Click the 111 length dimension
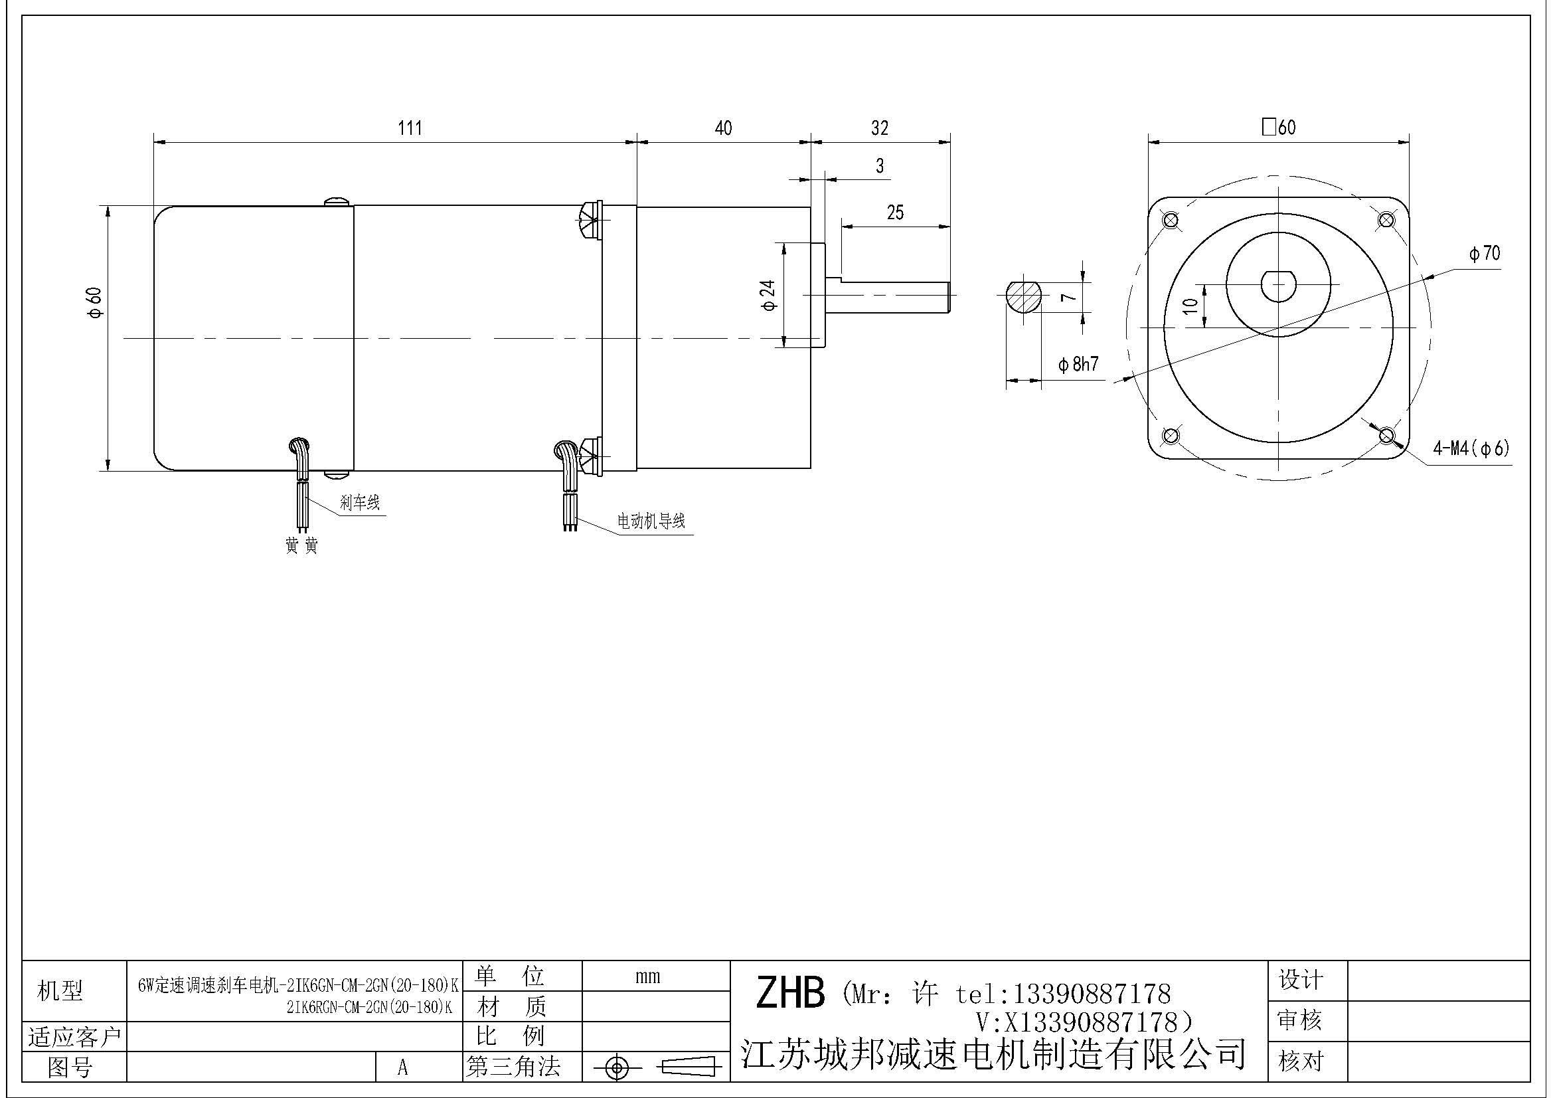click(x=410, y=128)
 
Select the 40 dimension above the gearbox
click(x=723, y=128)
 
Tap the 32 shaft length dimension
click(x=879, y=128)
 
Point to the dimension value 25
click(x=895, y=213)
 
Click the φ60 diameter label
click(x=95, y=302)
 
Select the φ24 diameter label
click(x=769, y=296)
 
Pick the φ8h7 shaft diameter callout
click(x=1079, y=365)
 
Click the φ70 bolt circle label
click(x=1484, y=254)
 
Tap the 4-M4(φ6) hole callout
click(x=1471, y=448)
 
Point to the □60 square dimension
click(x=1278, y=127)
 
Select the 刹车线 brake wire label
click(x=360, y=502)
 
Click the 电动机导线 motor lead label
click(x=651, y=521)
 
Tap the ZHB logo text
click(x=790, y=993)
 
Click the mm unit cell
click(x=647, y=976)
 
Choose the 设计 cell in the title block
click(x=1300, y=980)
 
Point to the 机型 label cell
click(x=60, y=991)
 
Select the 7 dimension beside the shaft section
click(x=1067, y=297)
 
